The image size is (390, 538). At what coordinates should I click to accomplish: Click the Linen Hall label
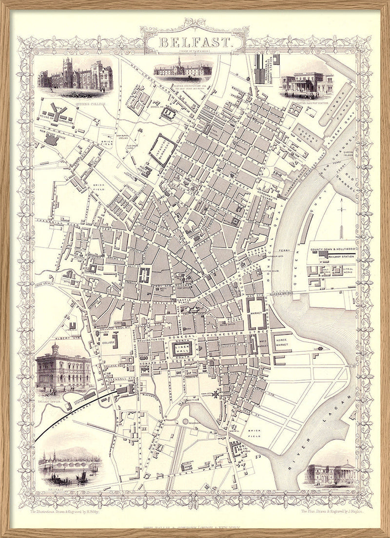(x=181, y=349)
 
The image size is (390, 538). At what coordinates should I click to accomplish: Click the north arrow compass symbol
(x=343, y=214)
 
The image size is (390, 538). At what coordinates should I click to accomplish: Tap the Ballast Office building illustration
(x=62, y=370)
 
